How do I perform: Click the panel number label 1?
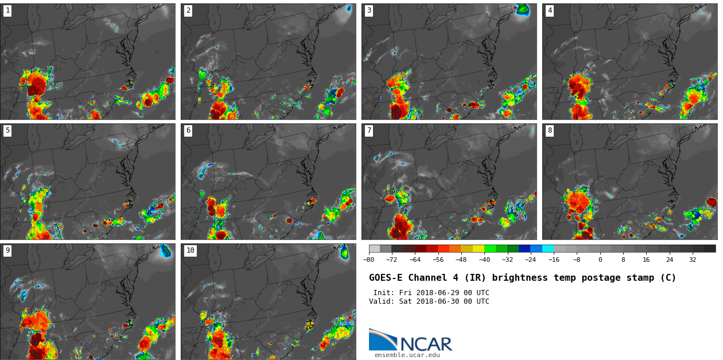click(x=7, y=10)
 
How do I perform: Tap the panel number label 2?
click(x=188, y=10)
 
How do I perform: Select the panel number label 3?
click(x=369, y=10)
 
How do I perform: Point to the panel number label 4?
click(x=550, y=10)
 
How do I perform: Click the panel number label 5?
click(x=7, y=130)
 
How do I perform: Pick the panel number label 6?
click(x=188, y=130)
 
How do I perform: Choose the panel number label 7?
click(x=369, y=130)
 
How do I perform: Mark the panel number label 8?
click(x=550, y=130)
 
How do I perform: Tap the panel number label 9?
click(x=7, y=250)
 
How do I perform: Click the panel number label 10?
click(x=191, y=250)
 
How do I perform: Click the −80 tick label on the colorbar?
click(x=368, y=260)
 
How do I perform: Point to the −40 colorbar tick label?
click(x=484, y=260)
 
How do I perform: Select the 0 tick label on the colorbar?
click(x=600, y=260)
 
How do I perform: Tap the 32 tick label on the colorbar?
click(x=693, y=260)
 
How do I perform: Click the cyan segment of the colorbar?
click(x=548, y=249)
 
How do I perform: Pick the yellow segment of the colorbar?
click(x=479, y=249)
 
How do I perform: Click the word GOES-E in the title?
click(x=383, y=278)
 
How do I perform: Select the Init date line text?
click(x=431, y=293)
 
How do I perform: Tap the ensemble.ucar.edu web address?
click(x=407, y=355)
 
